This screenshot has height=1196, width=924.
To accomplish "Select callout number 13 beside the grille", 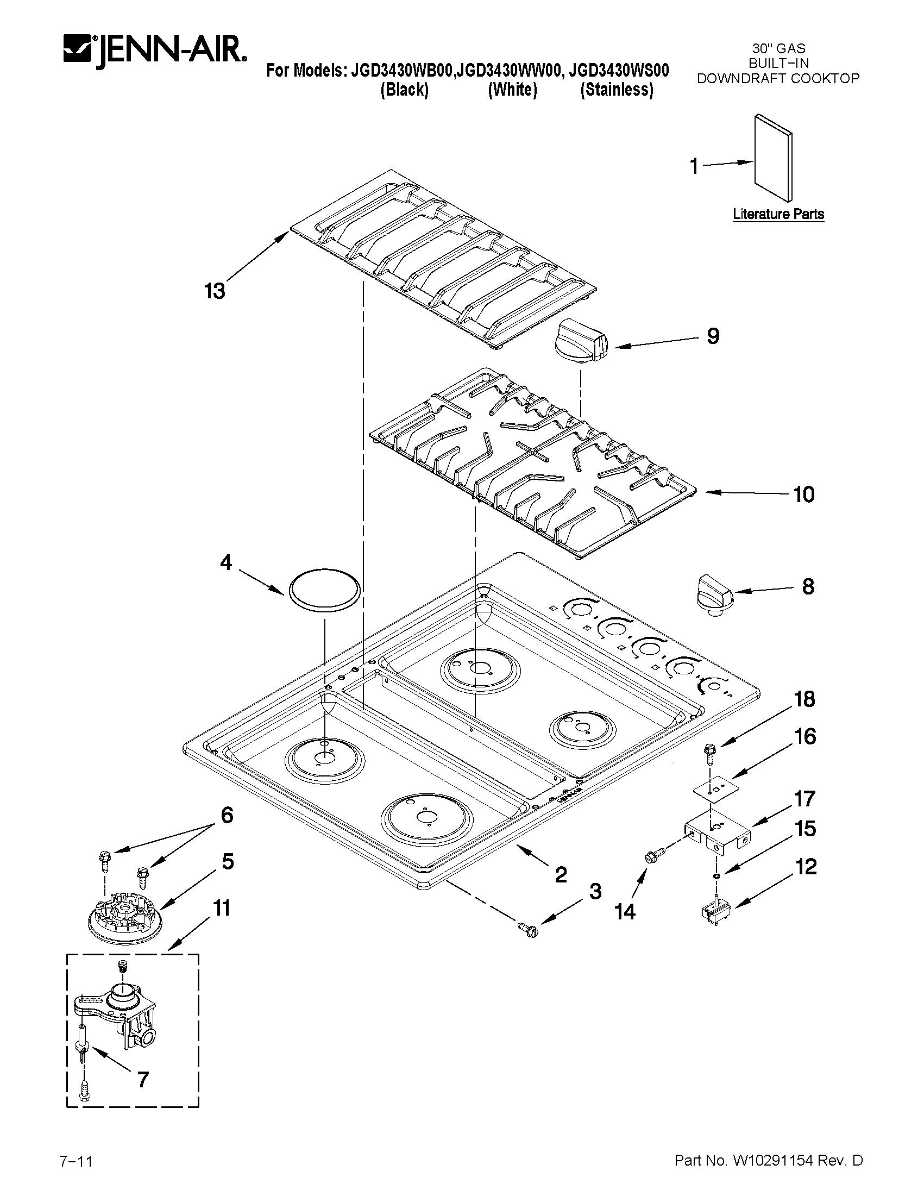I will [x=215, y=291].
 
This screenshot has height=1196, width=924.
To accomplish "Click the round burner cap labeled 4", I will [x=324, y=589].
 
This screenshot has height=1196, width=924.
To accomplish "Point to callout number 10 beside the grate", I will [x=803, y=494].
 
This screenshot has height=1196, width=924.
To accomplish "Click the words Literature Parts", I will [x=778, y=214].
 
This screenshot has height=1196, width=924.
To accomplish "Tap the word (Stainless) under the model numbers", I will [x=617, y=90].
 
